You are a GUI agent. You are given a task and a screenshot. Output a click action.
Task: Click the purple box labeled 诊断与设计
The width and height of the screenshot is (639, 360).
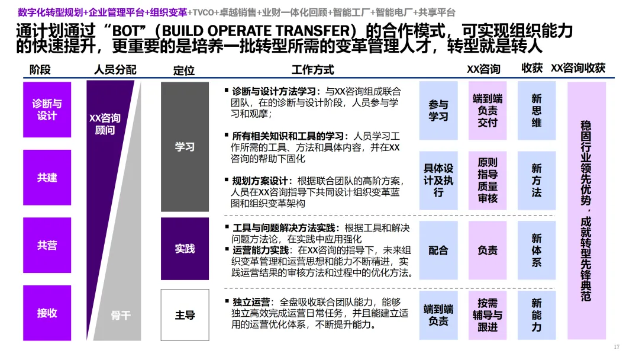pos(47,110)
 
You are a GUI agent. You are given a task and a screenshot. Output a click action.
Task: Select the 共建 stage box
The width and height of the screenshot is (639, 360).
pos(47,178)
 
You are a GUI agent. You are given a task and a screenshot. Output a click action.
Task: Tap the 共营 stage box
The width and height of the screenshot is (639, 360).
pos(47,246)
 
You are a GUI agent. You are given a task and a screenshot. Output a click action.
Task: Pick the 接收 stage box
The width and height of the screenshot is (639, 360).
pos(47,313)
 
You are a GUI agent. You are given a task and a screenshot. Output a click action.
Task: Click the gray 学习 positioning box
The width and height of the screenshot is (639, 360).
pos(185,147)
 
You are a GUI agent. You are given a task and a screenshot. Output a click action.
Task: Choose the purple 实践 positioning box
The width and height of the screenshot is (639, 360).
pos(185,249)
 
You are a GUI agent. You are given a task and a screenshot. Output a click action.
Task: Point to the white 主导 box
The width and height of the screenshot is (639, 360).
pos(185,315)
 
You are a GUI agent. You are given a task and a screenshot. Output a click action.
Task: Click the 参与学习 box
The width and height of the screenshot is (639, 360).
pos(438,111)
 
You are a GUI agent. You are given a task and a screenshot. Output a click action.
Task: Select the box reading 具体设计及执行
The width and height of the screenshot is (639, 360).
pos(438,180)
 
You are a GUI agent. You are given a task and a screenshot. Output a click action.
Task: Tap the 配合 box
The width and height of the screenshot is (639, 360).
pos(438,250)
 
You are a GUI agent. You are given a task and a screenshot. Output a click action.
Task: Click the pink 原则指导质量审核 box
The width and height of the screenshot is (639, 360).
pos(488,180)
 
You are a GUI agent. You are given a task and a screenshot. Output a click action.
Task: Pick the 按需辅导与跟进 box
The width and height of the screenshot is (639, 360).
pos(488,315)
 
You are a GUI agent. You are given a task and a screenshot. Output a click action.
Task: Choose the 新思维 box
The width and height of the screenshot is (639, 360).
pos(536,111)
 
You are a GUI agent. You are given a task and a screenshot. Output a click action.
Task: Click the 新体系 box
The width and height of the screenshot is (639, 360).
pos(536,250)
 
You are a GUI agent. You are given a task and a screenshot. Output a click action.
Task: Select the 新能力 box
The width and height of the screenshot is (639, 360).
pos(536,315)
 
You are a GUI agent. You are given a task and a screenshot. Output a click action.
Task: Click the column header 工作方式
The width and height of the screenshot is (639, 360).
pos(312,70)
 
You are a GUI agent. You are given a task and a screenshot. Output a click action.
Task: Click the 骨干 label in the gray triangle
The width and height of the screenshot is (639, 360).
pos(121,316)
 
